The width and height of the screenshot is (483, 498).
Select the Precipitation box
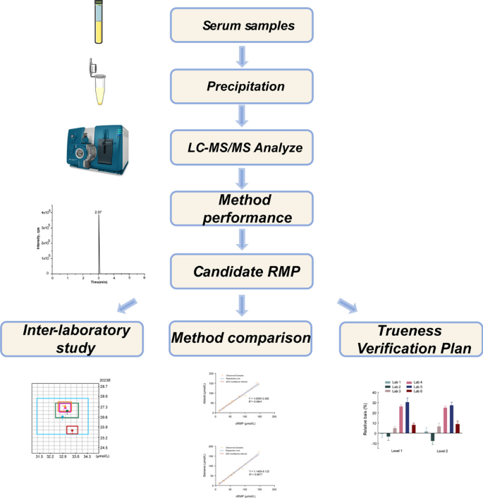(241, 87)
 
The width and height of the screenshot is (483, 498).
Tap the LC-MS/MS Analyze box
(241, 147)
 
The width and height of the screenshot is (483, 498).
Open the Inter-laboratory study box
(72, 339)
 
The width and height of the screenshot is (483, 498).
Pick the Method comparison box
(241, 339)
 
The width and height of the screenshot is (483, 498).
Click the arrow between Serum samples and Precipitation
(242, 56)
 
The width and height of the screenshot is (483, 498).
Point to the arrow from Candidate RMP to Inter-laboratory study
(135, 305)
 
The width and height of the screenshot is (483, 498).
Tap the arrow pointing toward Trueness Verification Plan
(347, 305)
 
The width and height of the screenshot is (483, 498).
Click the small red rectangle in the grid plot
(72, 430)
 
